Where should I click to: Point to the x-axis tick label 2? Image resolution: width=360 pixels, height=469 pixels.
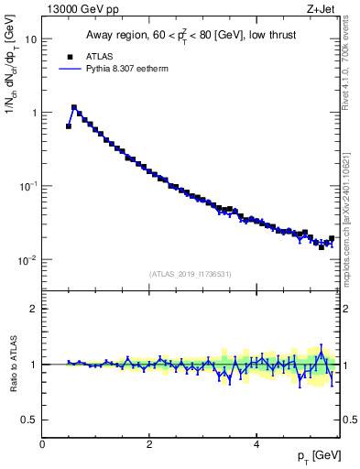click(149, 444)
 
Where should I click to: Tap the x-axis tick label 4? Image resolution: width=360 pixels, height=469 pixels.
click(256, 444)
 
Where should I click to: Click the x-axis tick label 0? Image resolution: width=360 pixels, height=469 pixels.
click(42, 444)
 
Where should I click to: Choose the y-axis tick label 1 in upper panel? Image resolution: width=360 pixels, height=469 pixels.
click(34, 113)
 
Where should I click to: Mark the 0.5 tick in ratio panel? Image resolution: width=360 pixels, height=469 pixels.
click(29, 420)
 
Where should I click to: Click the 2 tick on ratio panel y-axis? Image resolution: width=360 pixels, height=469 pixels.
click(34, 309)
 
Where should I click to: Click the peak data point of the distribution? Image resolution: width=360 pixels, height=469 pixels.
click(74, 107)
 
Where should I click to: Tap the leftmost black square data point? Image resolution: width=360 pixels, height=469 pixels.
click(69, 126)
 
